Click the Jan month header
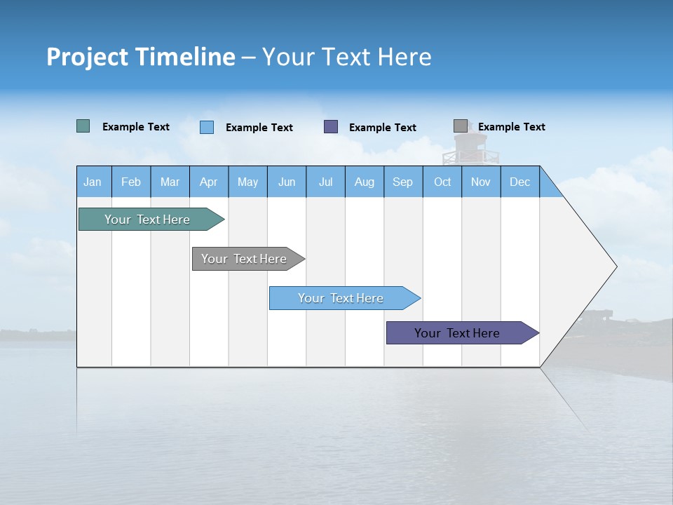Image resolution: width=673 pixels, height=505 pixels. pos(93,182)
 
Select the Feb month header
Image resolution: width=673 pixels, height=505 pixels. pos(131,182)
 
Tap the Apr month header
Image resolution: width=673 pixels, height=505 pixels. pos(208,182)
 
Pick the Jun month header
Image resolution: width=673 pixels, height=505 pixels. pos(287,182)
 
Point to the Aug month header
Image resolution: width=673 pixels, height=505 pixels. pos(365,182)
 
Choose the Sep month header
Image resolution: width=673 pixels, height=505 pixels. pos(402,182)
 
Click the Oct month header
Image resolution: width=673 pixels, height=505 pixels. pos(442,182)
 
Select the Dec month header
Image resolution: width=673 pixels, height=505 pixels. pos(519,182)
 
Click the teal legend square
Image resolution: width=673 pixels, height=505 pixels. pos(83,126)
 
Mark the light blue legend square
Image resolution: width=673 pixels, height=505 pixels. pos(207,127)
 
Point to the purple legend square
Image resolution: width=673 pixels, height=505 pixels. pos(331,126)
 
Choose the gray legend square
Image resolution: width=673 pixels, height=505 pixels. pos(461,126)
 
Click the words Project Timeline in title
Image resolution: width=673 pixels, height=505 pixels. pos(141,57)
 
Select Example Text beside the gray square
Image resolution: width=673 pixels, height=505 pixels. pos(512,127)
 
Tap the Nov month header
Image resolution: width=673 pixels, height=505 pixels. pos(481,182)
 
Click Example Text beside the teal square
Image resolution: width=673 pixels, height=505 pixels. pos(136,127)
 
